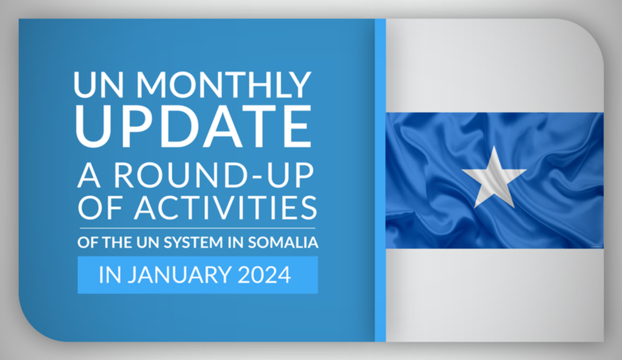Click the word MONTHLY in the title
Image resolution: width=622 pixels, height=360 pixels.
pyautogui.click(x=224, y=84)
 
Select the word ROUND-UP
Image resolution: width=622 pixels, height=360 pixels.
pyautogui.click(x=214, y=176)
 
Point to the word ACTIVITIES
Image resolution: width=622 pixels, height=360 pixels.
pyautogui.click(x=225, y=208)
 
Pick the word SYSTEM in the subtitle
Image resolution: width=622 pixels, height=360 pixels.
pyautogui.click(x=193, y=242)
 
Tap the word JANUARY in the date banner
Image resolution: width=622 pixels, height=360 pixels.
pyautogui.click(x=180, y=275)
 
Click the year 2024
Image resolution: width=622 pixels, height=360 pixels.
pyautogui.click(x=264, y=275)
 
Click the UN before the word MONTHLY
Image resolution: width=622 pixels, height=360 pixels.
pyautogui.click(x=98, y=84)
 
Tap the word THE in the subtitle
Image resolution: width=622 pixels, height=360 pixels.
pyautogui.click(x=117, y=242)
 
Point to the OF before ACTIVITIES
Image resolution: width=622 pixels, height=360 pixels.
pyautogui.click(x=100, y=208)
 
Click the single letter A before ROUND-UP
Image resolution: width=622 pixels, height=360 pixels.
pyautogui.click(x=89, y=176)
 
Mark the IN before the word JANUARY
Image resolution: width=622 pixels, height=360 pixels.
pyautogui.click(x=110, y=275)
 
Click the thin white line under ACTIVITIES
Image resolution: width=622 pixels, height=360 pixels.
pyautogui.click(x=197, y=228)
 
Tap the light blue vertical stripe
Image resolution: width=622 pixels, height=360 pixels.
pyautogui.click(x=380, y=180)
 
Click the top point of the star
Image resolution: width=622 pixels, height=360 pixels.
pyautogui.click(x=494, y=146)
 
